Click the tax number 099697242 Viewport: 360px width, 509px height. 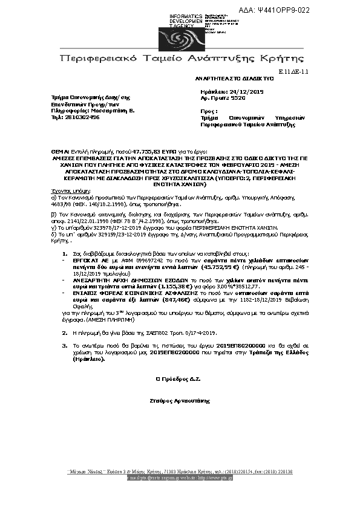coord(135,258)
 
